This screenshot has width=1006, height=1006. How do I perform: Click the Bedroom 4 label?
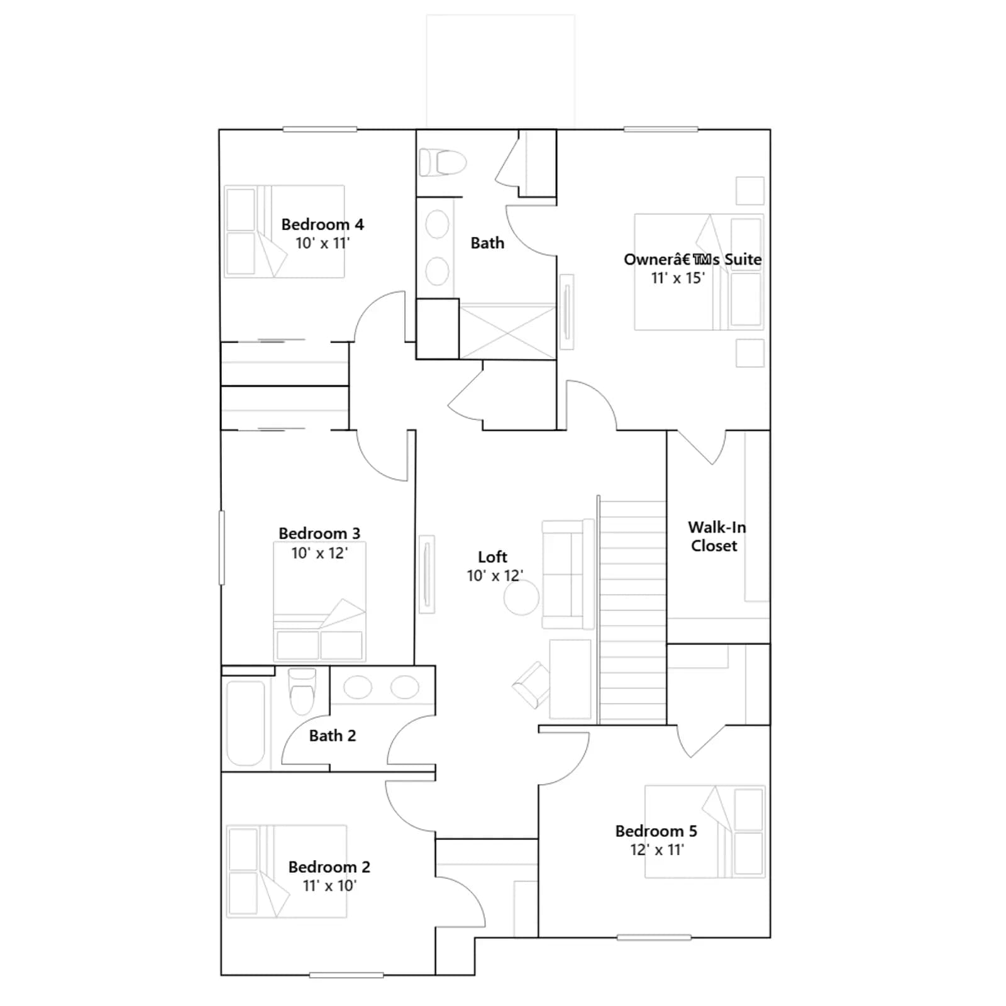(x=323, y=224)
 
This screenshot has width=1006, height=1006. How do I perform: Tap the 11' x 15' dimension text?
(x=678, y=278)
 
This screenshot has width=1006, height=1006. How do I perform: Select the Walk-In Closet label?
(x=717, y=536)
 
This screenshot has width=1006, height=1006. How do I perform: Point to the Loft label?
(x=492, y=557)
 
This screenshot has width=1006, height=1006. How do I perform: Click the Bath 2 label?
(x=333, y=736)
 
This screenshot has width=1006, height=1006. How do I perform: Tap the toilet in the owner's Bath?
(x=443, y=163)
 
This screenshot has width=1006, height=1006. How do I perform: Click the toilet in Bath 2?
(x=302, y=692)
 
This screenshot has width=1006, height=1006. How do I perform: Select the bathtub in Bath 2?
(x=246, y=723)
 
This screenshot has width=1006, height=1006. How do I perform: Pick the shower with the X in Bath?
(x=508, y=332)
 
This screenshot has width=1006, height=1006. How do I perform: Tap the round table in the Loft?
(x=521, y=597)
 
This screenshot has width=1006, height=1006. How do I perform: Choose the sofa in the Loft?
(x=568, y=574)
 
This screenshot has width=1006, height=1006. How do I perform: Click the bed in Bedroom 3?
(x=319, y=601)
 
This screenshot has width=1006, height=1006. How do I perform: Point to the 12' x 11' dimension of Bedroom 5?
(x=657, y=849)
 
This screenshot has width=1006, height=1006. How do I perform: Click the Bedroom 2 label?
(x=329, y=867)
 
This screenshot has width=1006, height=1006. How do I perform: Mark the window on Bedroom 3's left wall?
(x=221, y=548)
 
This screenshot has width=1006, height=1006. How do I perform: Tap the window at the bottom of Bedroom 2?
(x=346, y=975)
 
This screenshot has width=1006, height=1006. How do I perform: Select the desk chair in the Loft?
(x=532, y=685)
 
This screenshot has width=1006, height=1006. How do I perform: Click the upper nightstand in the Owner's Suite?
(x=750, y=191)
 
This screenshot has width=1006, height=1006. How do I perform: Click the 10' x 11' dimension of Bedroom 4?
(x=323, y=243)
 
